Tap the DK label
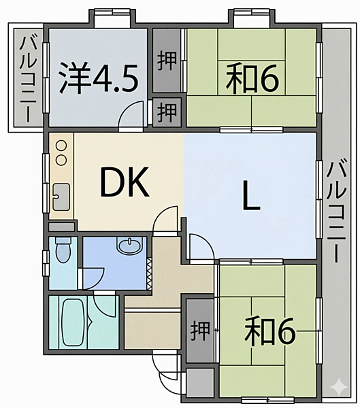click(x=125, y=182)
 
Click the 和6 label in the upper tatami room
click(x=252, y=79)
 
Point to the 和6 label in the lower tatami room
click(x=269, y=332)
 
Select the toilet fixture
click(x=63, y=250)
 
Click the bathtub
click(x=72, y=323)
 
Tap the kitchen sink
click(x=61, y=197)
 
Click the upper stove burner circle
click(x=61, y=146)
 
